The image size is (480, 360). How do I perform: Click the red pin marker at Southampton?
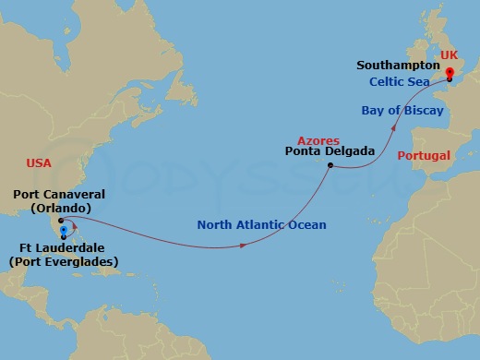tap(449, 74)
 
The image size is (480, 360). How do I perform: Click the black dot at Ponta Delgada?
tap(330, 165)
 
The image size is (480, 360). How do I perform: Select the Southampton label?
tap(396, 66)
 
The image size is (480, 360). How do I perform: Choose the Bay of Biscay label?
tap(402, 111)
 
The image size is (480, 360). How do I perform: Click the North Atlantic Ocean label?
tap(261, 224)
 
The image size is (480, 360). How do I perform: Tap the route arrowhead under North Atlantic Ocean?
tap(243, 246)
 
